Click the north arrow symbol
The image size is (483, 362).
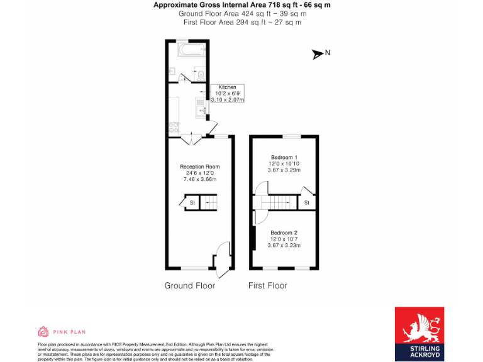(318, 54)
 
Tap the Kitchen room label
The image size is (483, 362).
(227, 87)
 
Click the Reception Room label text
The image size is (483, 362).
(199, 167)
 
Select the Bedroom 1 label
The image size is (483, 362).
(284, 157)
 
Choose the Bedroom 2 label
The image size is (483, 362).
(284, 233)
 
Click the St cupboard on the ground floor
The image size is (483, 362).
(190, 202)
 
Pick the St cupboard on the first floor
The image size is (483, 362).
(307, 202)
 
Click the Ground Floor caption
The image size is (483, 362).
(190, 285)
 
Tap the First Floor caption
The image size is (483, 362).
(268, 285)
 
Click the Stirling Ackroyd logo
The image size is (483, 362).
(419, 333)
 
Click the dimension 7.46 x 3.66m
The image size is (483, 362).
(199, 179)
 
